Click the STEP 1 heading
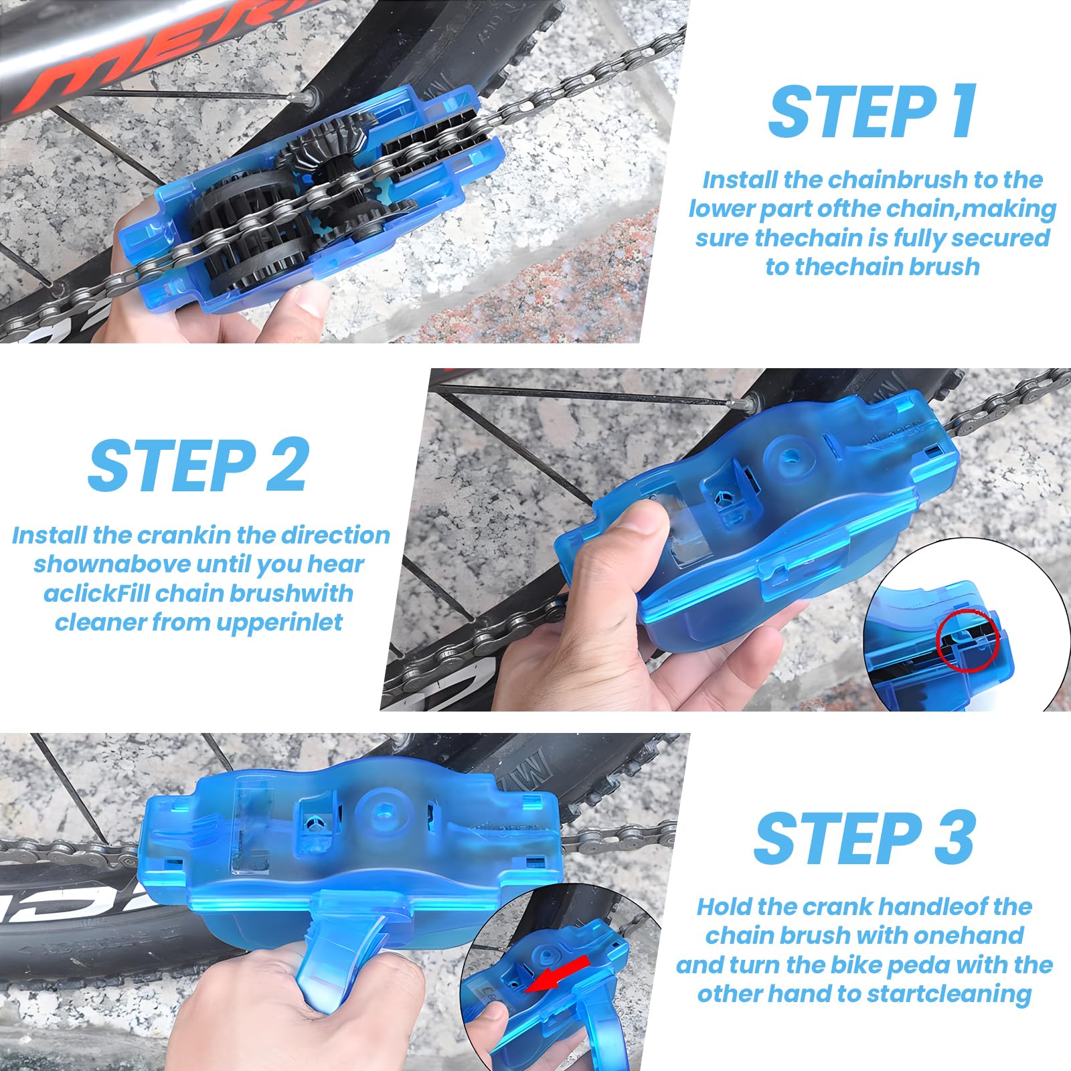[872, 111]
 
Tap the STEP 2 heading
[199, 465]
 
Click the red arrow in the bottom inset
[557, 973]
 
